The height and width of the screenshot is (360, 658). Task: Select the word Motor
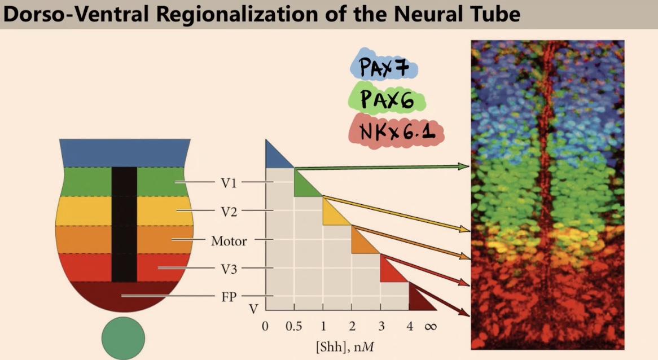pos(229,241)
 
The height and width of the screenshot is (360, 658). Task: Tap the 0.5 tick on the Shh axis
pos(293,327)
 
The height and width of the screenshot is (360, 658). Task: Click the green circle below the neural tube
pos(123,339)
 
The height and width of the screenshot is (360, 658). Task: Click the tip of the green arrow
pos(468,166)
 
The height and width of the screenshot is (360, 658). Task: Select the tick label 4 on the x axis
pos(410,327)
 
